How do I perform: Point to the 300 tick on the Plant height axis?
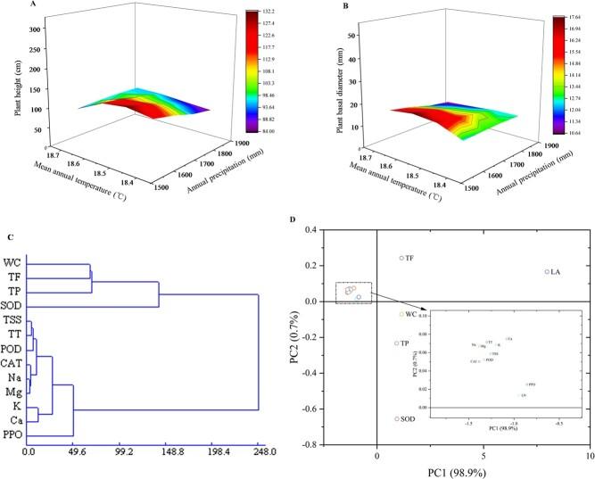tap(36, 30)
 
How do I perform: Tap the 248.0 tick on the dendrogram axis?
tap(258, 453)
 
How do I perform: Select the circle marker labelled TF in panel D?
tap(401, 258)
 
